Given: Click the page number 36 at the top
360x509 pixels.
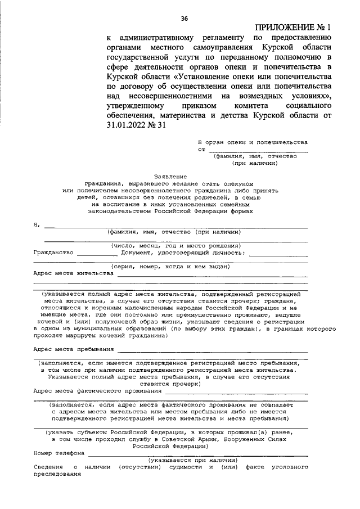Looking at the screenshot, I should [x=184, y=19].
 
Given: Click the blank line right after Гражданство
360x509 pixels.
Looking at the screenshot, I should [x=97, y=254].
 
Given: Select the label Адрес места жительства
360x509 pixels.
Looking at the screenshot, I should [x=73, y=273].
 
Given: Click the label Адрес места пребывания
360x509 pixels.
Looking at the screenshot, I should [x=73, y=349].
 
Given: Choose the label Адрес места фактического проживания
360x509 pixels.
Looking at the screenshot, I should [x=93, y=390].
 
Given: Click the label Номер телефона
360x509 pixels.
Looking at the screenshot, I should [x=58, y=452].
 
